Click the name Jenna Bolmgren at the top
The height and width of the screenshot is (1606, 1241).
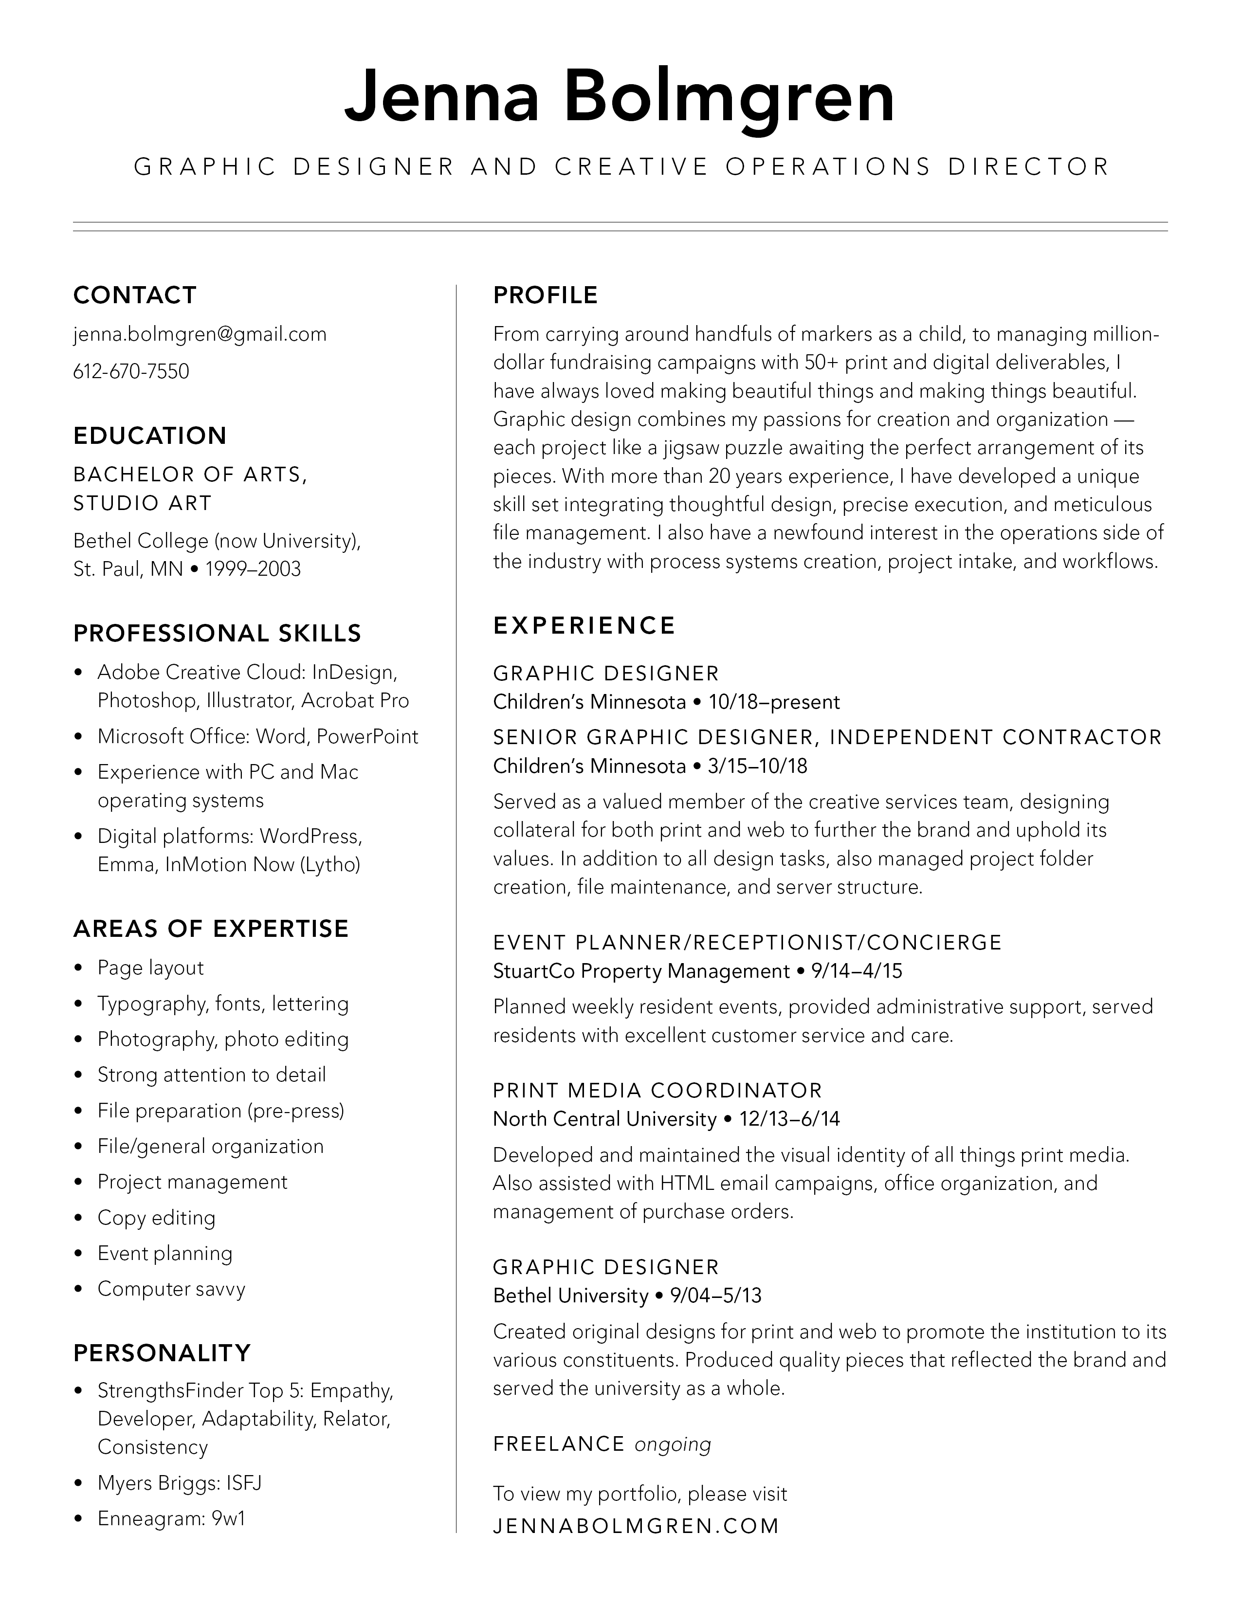pos(620,95)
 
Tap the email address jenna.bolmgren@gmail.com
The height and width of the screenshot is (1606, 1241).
pos(200,335)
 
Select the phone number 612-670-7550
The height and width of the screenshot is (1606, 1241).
pos(131,371)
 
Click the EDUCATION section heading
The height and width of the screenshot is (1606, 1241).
pos(150,436)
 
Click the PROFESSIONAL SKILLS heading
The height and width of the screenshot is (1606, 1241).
pos(218,633)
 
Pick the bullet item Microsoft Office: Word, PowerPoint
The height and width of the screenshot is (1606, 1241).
pos(257,736)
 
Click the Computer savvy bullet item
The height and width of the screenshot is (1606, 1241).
pos(171,1289)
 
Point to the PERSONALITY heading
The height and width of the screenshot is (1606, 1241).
pos(163,1352)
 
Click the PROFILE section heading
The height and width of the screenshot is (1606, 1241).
pos(546,295)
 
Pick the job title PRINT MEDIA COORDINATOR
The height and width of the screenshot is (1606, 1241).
pos(657,1091)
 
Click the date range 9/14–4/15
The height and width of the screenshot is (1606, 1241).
pos(857,971)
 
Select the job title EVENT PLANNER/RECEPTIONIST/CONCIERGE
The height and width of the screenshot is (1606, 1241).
pos(748,942)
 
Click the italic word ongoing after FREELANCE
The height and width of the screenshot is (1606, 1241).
pos(673,1444)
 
